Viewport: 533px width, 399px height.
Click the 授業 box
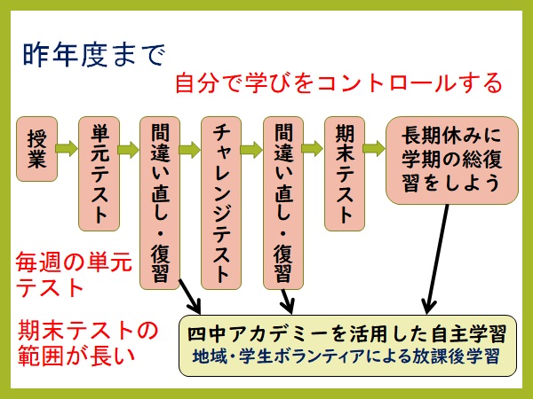point(36,149)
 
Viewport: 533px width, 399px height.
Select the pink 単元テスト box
point(99,174)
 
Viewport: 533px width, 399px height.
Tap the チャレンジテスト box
point(221,203)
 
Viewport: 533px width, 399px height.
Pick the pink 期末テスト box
point(345,174)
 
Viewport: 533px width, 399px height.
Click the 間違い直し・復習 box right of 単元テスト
point(160,203)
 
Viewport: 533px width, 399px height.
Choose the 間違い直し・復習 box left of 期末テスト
point(283,203)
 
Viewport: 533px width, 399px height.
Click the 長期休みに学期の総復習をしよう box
point(452,160)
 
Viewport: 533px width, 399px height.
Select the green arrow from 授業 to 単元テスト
point(68,148)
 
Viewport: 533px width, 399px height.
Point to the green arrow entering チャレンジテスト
point(190,149)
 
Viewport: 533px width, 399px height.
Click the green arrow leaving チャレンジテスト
point(251,149)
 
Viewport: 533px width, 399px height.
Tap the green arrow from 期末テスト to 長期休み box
point(375,148)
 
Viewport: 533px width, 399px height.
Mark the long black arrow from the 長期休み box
point(436,260)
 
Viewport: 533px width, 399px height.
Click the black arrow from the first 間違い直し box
point(190,296)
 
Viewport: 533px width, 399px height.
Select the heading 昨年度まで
point(94,55)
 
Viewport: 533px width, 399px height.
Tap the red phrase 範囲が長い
point(76,356)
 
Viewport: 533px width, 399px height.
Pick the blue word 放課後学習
point(456,356)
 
